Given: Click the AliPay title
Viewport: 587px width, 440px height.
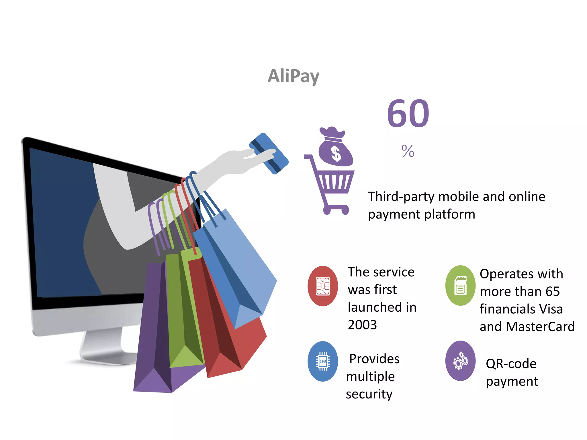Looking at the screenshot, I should point(293,76).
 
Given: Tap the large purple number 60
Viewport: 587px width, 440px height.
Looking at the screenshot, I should point(408,114).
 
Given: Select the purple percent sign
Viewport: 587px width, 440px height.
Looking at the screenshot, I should point(408,151).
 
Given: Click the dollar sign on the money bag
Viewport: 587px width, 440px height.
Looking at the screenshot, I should point(336,153).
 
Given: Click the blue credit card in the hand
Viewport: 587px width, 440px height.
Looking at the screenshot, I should point(269,153).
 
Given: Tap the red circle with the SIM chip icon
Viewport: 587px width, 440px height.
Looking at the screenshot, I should point(323,286).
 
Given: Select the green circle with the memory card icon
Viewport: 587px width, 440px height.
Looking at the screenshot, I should point(460,285).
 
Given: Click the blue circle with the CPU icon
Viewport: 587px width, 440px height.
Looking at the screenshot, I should point(323,361).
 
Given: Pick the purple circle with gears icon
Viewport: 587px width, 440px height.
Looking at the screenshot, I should point(460,361).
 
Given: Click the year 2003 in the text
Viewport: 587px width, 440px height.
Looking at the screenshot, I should point(362,325).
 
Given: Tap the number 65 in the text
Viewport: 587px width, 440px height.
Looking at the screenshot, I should point(553,292).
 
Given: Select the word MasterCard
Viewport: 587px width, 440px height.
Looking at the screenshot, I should point(540,327).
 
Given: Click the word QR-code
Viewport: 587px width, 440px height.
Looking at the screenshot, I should point(511,364).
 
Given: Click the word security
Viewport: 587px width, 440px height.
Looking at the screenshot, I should point(369,394).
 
